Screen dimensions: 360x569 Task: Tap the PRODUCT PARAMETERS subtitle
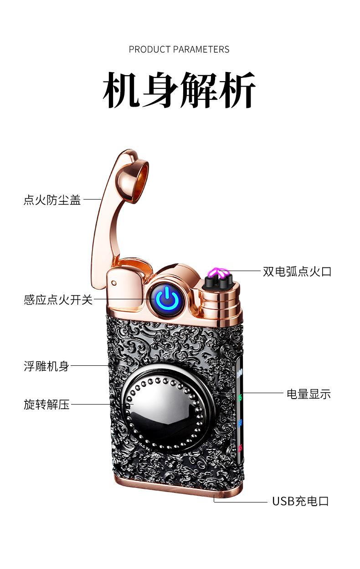(x=179, y=49)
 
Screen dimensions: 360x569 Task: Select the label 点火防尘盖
(x=52, y=200)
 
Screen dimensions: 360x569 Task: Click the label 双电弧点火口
(x=297, y=272)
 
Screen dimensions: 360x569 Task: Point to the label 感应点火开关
(x=58, y=300)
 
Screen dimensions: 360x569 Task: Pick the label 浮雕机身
(x=46, y=366)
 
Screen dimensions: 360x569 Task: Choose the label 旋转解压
(x=46, y=404)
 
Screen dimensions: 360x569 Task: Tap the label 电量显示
(x=309, y=394)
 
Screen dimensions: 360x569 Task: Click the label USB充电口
(x=300, y=502)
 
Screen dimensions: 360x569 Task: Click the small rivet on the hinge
(x=114, y=282)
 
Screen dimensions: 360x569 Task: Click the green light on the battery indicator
(x=240, y=397)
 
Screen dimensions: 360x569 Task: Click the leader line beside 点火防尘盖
(x=93, y=199)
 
